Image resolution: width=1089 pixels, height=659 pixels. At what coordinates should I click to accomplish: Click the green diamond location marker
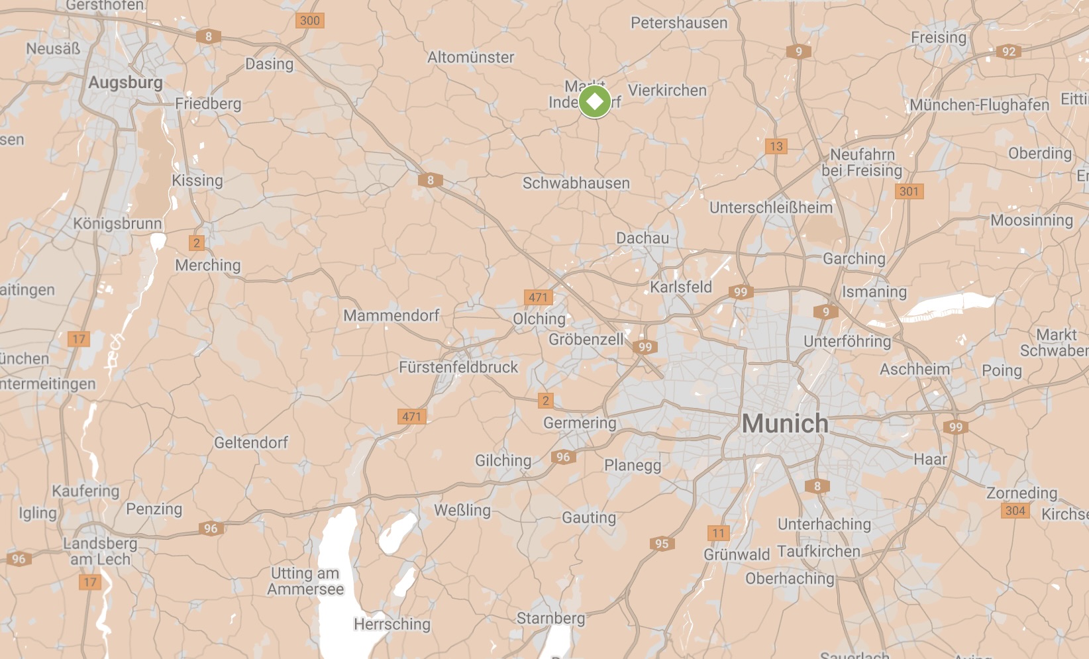594,102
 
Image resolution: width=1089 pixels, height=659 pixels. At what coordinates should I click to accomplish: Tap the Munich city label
785,423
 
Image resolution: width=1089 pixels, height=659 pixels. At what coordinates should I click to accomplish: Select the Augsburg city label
125,83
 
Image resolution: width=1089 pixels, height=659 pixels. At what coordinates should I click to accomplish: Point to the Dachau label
642,238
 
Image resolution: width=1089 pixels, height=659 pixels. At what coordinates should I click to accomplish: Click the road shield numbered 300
309,21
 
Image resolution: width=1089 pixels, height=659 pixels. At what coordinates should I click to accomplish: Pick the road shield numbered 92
1008,52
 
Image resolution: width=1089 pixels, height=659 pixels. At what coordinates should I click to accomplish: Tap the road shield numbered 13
776,146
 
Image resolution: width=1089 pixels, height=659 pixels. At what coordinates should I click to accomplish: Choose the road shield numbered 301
909,191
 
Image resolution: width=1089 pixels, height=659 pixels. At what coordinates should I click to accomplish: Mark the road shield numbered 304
1015,511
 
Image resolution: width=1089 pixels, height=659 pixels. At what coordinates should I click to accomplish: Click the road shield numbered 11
719,533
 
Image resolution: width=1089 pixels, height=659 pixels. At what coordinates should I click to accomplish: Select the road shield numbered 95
662,544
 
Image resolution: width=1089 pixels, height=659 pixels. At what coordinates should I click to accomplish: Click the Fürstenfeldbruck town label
458,367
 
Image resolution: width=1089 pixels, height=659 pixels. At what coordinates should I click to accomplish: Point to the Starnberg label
550,618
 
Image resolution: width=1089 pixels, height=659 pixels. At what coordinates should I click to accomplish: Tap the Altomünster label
470,58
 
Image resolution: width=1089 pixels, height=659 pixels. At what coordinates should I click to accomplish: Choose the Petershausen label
679,23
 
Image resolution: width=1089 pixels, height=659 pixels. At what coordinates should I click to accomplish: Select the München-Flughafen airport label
979,105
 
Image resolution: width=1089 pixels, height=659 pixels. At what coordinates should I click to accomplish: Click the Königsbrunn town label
117,223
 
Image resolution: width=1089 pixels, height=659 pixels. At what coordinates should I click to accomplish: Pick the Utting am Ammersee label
305,581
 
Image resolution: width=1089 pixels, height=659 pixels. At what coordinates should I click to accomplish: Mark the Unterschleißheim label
770,207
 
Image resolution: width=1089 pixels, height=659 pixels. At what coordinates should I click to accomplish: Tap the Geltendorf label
251,442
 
